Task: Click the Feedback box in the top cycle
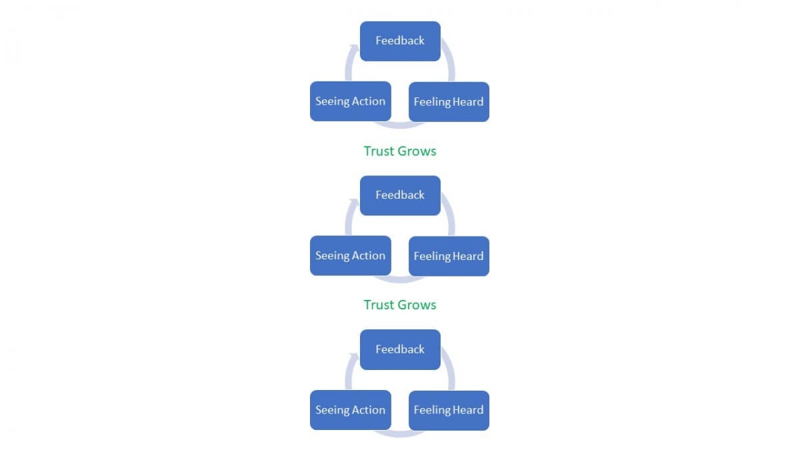click(x=400, y=41)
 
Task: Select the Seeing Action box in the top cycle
click(x=351, y=101)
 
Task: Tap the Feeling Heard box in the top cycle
click(x=449, y=102)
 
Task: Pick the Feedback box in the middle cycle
click(x=400, y=195)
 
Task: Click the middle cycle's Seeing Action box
click(x=351, y=256)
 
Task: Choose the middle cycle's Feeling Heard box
click(x=449, y=257)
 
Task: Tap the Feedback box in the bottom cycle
click(x=400, y=349)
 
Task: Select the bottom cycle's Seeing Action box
click(x=351, y=410)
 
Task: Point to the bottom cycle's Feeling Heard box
click(x=449, y=411)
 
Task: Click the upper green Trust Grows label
click(x=400, y=151)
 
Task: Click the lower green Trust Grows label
click(x=400, y=305)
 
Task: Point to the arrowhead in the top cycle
click(x=354, y=49)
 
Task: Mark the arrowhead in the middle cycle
click(x=354, y=203)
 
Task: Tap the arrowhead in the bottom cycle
click(x=354, y=357)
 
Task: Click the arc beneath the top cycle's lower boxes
click(x=399, y=125)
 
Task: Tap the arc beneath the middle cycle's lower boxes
click(x=399, y=279)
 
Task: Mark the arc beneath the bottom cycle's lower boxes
click(x=399, y=434)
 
